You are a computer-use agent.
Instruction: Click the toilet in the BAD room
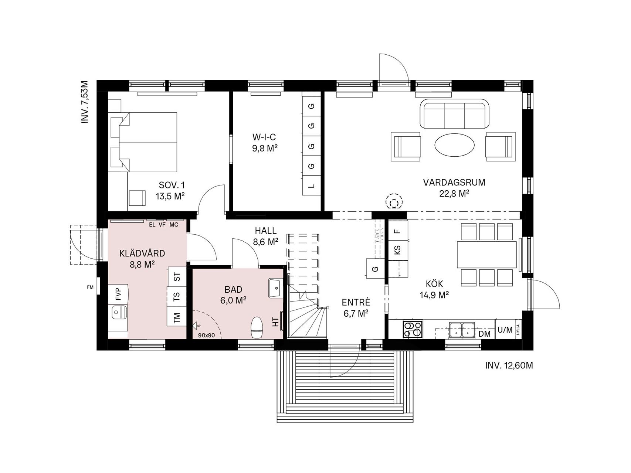point(257,327)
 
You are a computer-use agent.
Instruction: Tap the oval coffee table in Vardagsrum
point(454,145)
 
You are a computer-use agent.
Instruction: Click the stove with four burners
point(413,329)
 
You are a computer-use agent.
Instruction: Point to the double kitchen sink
point(462,330)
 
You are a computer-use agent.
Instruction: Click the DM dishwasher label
point(484,334)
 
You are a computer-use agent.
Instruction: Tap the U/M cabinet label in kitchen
point(505,330)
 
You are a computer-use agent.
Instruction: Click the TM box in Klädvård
point(177,317)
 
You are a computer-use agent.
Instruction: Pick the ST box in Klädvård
point(177,276)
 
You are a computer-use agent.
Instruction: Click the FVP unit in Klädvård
point(118,294)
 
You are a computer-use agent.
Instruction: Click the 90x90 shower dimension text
point(206,335)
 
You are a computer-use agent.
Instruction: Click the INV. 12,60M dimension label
point(509,365)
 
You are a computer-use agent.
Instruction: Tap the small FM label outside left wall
point(90,287)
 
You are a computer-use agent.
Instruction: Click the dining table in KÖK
point(487,254)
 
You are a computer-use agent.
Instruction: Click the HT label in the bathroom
point(276,322)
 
